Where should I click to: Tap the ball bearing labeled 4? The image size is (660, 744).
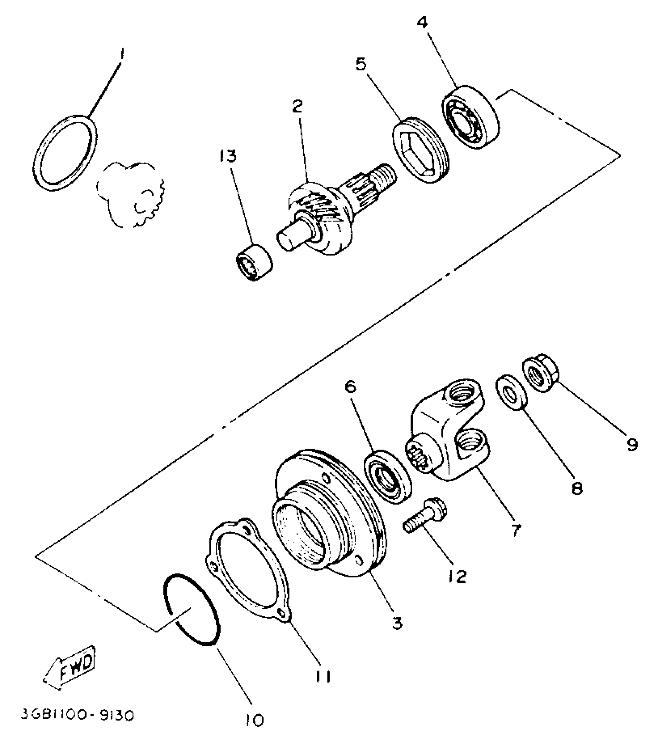click(471, 116)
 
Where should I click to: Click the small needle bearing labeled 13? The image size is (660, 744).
click(254, 262)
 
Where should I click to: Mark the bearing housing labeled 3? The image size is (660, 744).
click(330, 516)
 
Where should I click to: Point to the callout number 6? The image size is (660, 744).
click(351, 388)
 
